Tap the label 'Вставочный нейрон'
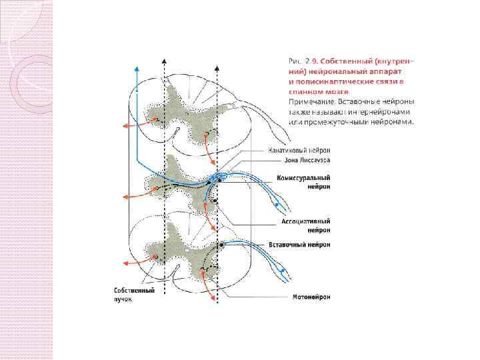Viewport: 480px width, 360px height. click(299, 244)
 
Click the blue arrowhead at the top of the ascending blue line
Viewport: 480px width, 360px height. click(137, 69)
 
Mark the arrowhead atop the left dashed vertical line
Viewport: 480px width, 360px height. click(164, 60)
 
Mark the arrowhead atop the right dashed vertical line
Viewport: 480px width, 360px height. click(217, 60)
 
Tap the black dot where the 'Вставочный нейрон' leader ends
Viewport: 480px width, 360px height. click(221, 245)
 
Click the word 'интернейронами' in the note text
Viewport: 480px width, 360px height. click(363, 112)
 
